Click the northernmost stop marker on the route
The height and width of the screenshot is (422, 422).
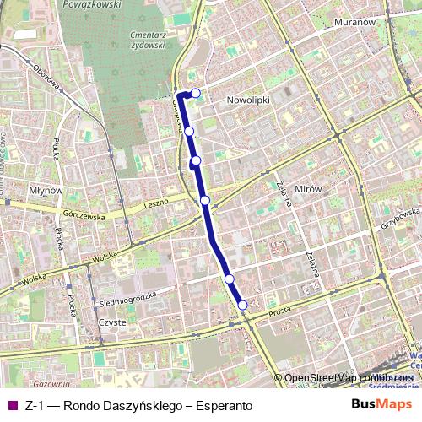196,93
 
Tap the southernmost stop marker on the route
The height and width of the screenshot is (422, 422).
243,305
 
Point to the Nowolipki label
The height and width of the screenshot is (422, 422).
247,99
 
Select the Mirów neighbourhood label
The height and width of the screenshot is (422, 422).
310,190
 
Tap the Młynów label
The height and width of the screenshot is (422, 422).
46,191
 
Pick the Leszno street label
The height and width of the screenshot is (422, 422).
156,204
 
